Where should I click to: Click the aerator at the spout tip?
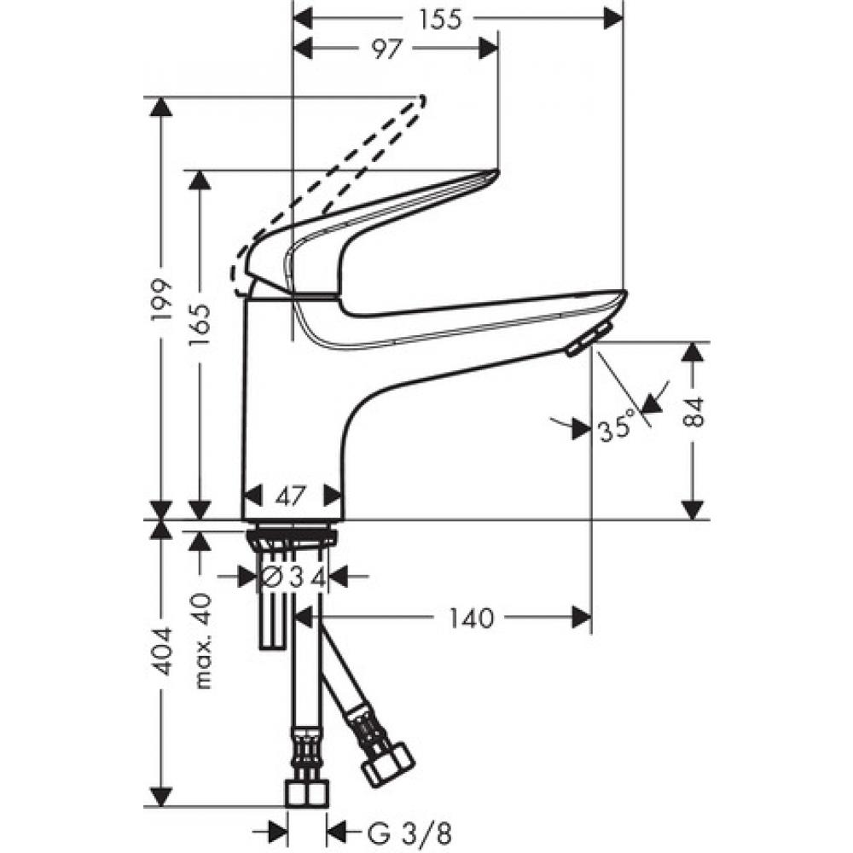[x=587, y=339]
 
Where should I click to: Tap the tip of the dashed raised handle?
[x=419, y=101]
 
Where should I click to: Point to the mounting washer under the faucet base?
[x=292, y=537]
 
